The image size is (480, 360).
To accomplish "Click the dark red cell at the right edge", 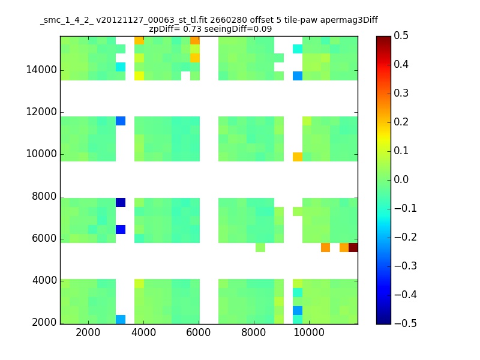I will coord(353,247).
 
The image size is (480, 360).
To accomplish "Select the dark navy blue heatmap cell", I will coord(121,202).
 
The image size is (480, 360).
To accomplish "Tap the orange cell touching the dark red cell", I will coord(344,247).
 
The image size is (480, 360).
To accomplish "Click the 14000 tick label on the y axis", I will coord(41,70).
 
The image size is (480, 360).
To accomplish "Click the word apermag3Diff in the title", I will coord(349,20).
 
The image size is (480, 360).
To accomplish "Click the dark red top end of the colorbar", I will coord(383,39).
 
